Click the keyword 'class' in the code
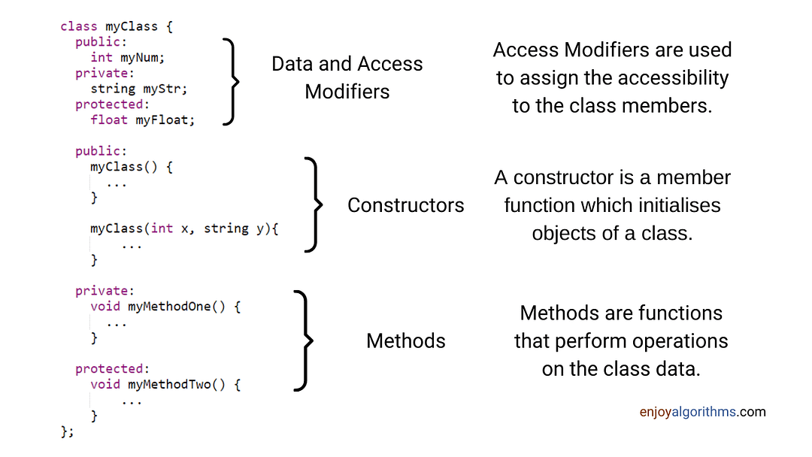79,26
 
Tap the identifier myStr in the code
162,89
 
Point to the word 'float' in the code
109,120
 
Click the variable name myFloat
162,120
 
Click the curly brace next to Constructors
314,204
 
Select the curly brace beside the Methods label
304,340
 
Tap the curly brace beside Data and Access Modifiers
232,82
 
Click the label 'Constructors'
405,205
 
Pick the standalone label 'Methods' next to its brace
405,341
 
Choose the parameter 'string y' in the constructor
234,228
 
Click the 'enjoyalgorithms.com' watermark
702,412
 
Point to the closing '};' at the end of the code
68,431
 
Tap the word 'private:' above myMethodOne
105,291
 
